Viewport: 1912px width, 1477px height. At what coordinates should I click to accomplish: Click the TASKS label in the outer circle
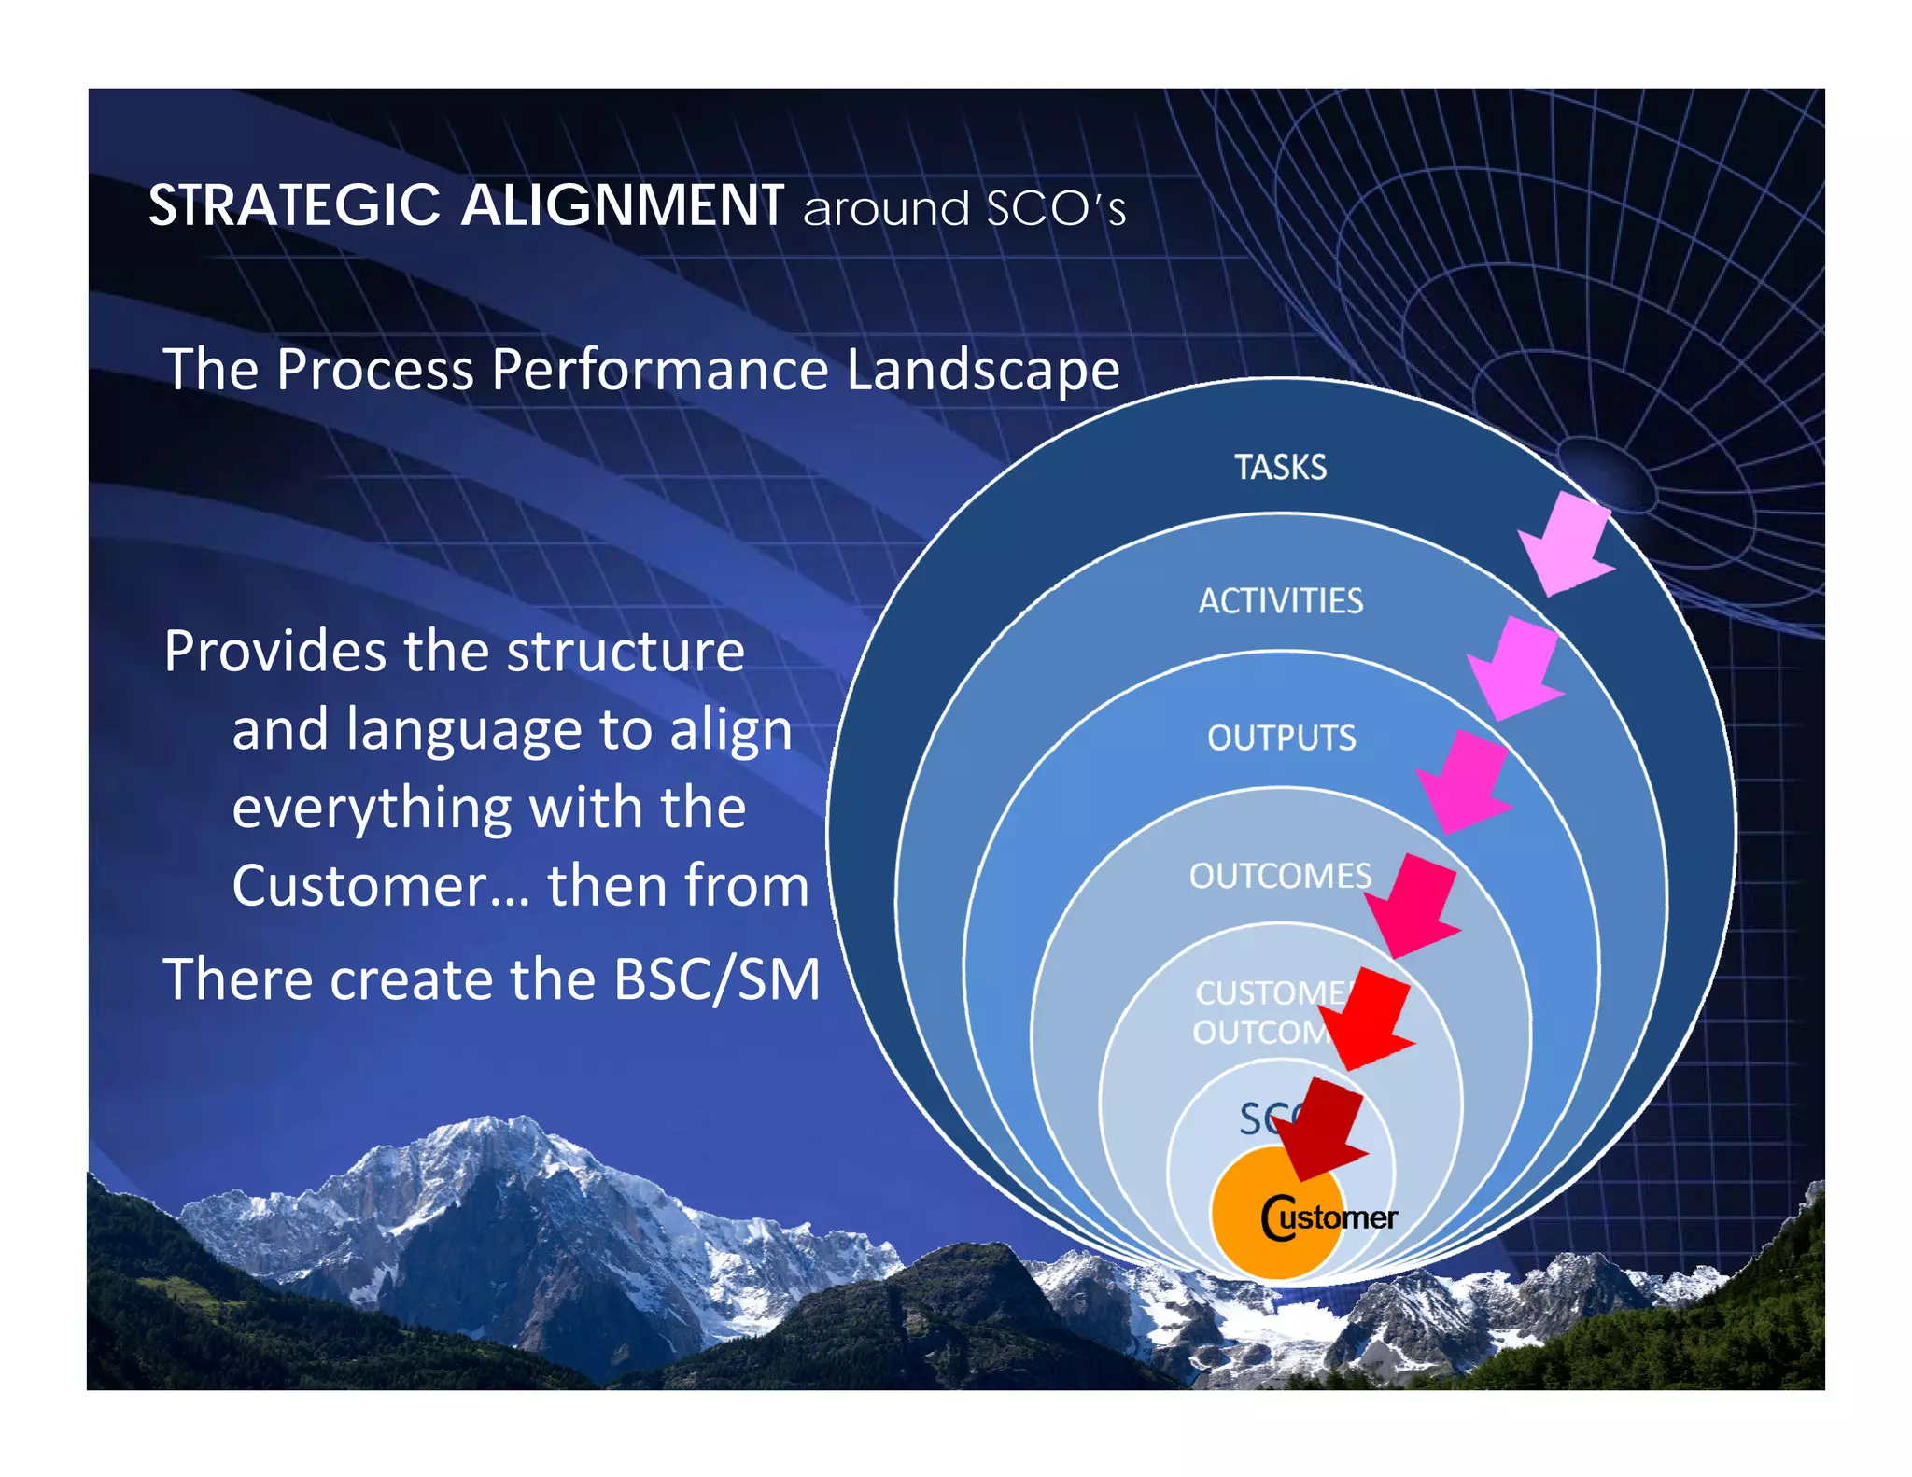coord(1280,467)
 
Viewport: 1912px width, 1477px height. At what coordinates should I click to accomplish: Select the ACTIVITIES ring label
coord(1280,601)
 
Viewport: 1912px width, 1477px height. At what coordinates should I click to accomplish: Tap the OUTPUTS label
coord(1281,738)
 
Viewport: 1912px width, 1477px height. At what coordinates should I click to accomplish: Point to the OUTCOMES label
coord(1280,876)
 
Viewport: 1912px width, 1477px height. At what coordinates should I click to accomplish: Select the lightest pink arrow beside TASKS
coord(1567,544)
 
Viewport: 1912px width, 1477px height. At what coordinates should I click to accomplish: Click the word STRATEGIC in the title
coord(295,205)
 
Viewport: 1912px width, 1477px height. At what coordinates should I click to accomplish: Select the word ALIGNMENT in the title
coord(623,205)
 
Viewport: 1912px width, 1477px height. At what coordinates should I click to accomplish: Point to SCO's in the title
coord(1056,208)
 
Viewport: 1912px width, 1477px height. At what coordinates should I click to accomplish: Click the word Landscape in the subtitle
coord(982,370)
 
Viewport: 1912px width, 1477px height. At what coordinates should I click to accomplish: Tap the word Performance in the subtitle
coord(660,370)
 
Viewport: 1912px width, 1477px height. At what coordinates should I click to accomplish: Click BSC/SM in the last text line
coord(717,979)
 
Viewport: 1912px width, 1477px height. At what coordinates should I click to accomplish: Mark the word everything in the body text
coord(371,809)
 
